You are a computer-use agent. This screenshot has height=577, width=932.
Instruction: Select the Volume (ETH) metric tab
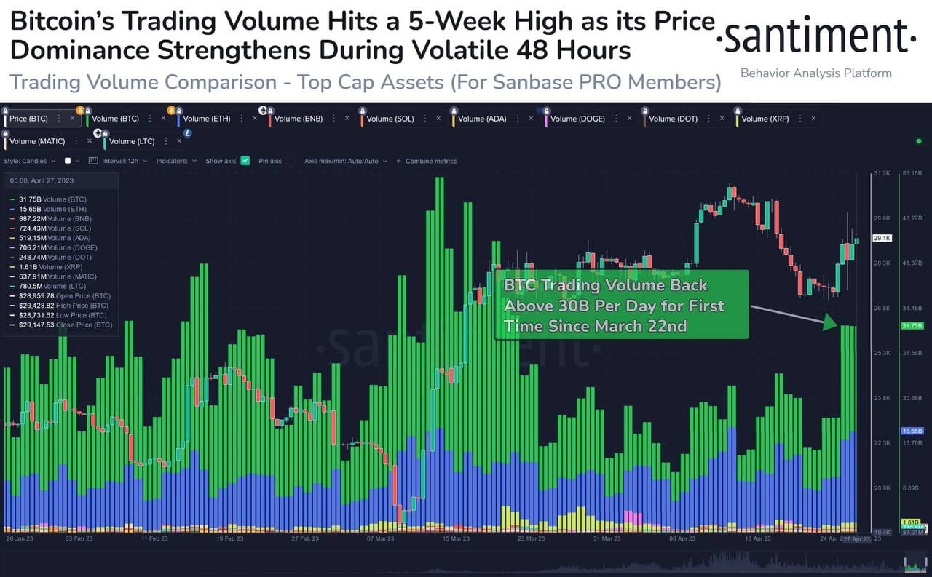point(206,119)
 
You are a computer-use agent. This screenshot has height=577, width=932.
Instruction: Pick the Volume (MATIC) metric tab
point(36,141)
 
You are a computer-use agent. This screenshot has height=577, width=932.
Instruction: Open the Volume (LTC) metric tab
point(132,141)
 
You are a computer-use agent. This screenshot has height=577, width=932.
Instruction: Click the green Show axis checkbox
point(245,161)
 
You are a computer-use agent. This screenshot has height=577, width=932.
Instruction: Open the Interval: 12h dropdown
point(124,161)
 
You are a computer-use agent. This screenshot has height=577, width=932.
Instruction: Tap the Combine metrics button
point(430,161)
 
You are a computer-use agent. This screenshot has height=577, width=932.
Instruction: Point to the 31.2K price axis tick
point(882,173)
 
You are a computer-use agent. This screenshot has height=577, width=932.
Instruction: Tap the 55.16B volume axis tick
point(912,173)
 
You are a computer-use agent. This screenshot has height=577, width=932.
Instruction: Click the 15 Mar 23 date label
point(455,539)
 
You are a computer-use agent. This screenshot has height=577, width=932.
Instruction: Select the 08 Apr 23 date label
point(682,539)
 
